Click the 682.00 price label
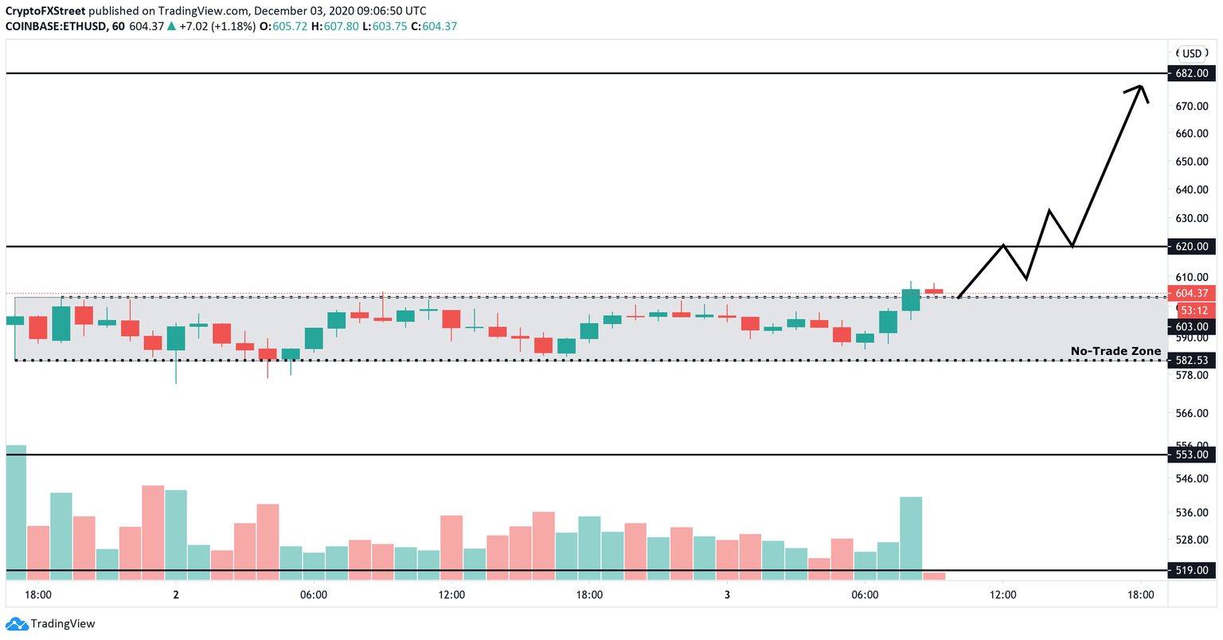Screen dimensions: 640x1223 click(1192, 73)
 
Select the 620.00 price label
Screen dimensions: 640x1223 click(1192, 247)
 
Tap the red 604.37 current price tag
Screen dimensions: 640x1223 click(1192, 294)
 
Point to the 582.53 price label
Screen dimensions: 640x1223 click(1192, 361)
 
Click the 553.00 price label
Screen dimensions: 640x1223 click(1192, 455)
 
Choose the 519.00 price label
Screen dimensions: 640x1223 click(1192, 570)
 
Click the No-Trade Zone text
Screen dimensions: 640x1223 click(1115, 351)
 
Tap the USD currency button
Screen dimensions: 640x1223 click(1191, 53)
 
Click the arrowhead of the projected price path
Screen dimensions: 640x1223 click(1140, 88)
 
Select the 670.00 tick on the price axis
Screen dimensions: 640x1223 click(1192, 106)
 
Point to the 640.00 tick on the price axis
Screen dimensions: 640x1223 click(1192, 190)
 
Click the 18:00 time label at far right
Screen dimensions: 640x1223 click(1140, 595)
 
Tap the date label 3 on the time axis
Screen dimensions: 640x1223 click(727, 595)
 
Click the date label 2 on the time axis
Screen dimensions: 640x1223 click(175, 595)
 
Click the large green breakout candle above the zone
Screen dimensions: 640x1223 click(911, 300)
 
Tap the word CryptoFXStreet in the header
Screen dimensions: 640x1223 click(45, 11)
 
